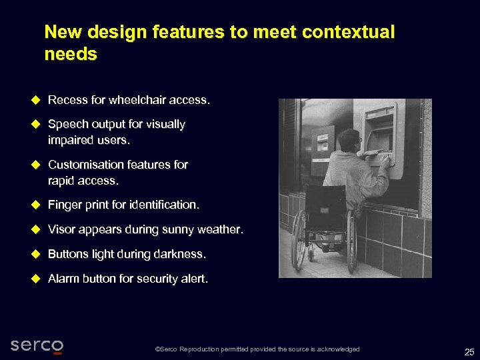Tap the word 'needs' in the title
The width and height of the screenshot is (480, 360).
(x=71, y=54)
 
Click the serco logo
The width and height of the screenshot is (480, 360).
(x=37, y=346)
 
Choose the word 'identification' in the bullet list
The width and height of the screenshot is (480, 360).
(x=165, y=204)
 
